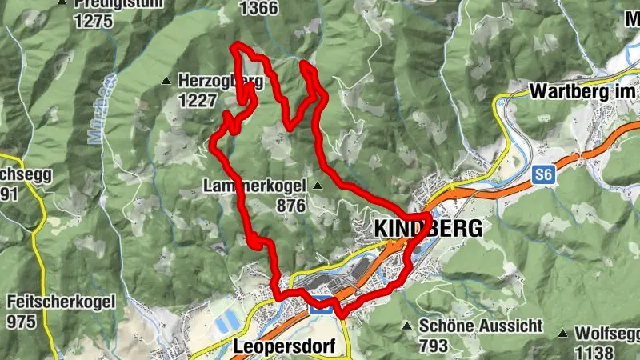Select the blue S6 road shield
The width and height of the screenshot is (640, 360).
point(545,174)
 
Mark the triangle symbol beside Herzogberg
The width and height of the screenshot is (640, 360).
point(166,80)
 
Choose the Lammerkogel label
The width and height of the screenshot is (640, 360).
point(255,186)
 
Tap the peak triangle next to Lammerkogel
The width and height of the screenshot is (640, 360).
point(318,186)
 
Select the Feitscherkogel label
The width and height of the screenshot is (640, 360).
point(61,302)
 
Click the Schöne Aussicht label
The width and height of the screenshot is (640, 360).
point(481,326)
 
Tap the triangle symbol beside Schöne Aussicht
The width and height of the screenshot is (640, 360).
point(407,326)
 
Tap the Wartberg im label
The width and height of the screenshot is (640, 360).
point(584,91)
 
